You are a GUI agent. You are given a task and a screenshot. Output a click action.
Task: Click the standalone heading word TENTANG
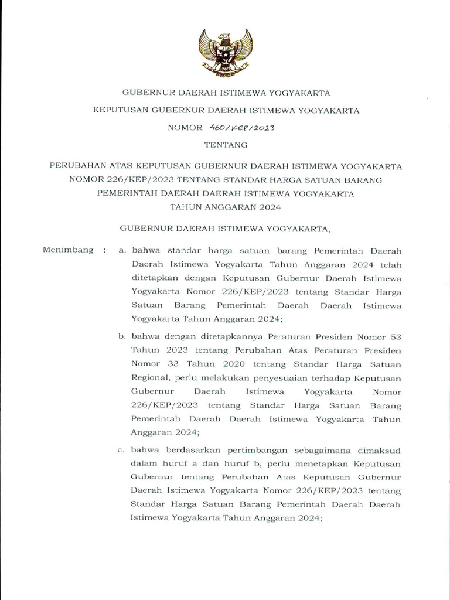tap(225, 144)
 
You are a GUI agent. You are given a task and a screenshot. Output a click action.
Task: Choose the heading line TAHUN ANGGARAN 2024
tap(225, 207)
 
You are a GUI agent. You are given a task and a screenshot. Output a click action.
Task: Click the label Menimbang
tap(69, 250)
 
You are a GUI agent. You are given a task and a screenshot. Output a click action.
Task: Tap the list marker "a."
tap(122, 250)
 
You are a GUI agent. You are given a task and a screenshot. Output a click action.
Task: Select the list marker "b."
tap(122, 337)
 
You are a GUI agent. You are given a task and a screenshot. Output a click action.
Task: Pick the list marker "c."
tap(122, 451)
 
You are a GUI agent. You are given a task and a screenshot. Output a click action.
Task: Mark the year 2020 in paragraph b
tap(216, 364)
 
